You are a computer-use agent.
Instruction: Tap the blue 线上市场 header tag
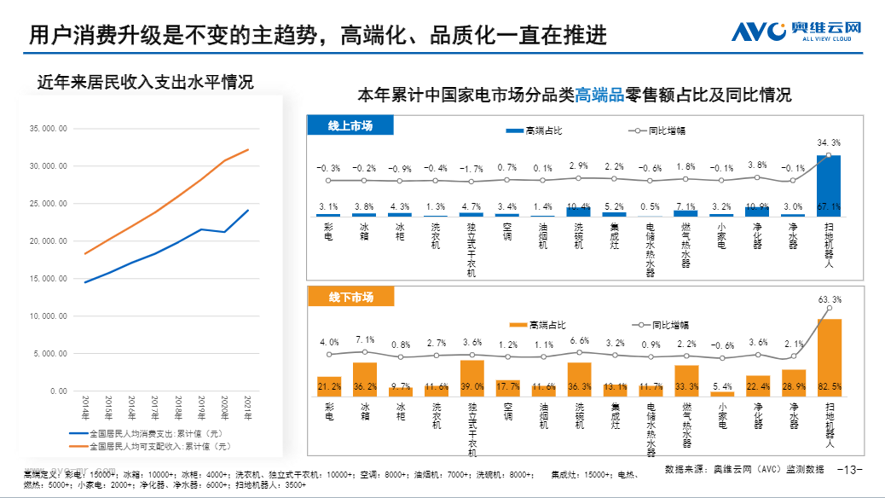[350, 126]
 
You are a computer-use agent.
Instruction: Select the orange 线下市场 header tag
[350, 297]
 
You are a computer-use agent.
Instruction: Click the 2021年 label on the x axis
[248, 406]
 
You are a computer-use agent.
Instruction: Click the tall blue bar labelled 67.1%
[829, 186]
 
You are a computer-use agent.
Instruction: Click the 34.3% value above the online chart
[829, 142]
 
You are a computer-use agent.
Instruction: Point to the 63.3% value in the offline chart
[829, 300]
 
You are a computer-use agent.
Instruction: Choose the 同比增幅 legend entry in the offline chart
[662, 325]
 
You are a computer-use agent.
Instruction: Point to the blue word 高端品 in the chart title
[599, 96]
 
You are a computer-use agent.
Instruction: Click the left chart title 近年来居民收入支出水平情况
[145, 83]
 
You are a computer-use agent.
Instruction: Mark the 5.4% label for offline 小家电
[721, 386]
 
